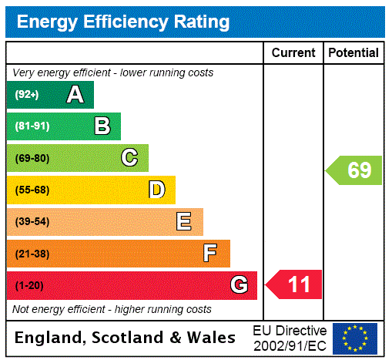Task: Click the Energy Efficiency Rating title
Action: coord(123,22)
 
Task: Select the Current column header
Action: coord(293,53)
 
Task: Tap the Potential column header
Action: coord(353,53)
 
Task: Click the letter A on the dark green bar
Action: coord(75,95)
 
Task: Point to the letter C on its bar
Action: coord(129,158)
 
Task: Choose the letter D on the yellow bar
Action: coord(156,190)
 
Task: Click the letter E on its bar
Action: coord(184,222)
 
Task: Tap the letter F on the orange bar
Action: coord(210,254)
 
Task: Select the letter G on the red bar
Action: coord(239,285)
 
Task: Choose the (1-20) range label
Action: coord(28,286)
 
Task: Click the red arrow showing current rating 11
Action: coord(295,285)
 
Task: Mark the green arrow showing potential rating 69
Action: coord(354,170)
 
